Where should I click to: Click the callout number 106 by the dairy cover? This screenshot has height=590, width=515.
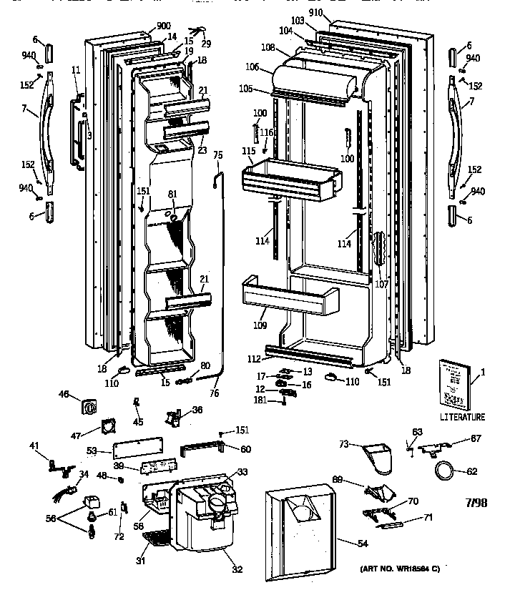point(253,68)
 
